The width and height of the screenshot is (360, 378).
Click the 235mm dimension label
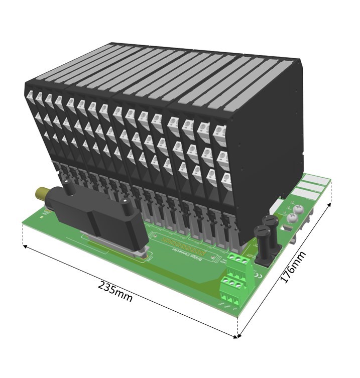[115, 291]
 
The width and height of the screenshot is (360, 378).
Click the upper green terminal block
[237, 262]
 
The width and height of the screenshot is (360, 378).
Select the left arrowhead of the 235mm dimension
[24, 246]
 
